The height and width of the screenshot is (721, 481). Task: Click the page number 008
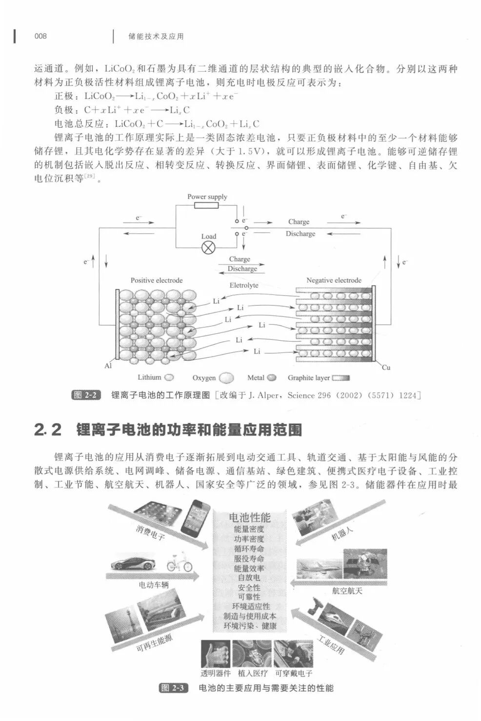coord(40,36)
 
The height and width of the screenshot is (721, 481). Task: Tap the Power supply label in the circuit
coord(207,197)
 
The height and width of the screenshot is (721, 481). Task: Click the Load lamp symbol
coord(208,247)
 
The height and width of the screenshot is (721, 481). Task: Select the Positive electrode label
coord(157,280)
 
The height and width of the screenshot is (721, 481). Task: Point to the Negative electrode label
coord(334,280)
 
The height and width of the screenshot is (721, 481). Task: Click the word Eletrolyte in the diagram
coord(244,285)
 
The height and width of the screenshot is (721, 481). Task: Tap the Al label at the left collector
coord(108,366)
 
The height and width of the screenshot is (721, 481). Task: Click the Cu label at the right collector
coord(386,367)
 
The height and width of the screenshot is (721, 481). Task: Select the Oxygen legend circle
coord(226,378)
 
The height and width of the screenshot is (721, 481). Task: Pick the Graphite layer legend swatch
coord(341,378)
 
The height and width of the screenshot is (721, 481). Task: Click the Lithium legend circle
coord(169,377)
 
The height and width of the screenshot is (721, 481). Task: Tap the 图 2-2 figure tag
coord(85,395)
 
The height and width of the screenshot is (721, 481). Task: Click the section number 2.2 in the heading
coord(48,430)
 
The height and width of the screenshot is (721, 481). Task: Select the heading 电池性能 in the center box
coord(249,518)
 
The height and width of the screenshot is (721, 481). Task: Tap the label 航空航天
coord(347,591)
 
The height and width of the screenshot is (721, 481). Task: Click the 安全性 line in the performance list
coord(249,587)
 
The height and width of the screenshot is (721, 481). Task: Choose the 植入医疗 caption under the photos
coord(253,673)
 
